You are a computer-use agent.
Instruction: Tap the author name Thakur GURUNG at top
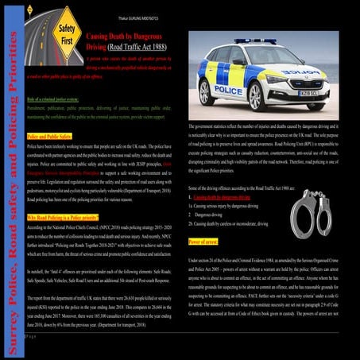pyautogui.click(x=180, y=6)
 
